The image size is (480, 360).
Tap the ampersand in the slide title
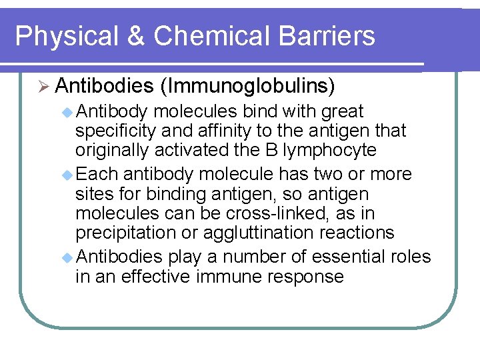[135, 36]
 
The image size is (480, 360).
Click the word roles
[409, 257]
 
